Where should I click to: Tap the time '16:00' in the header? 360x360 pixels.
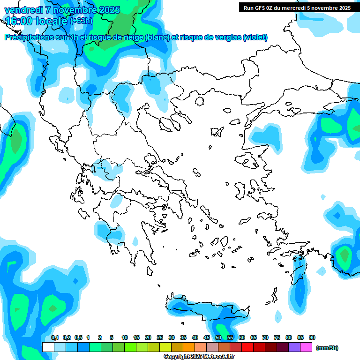[19, 21]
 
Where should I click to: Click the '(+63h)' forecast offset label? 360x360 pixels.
[81, 21]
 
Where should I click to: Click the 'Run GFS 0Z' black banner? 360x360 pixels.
[297, 8]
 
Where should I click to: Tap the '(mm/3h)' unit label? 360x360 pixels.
[327, 348]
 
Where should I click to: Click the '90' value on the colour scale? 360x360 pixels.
[312, 337]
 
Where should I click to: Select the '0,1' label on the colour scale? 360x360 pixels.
[54, 337]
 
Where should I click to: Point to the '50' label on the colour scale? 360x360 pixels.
[218, 337]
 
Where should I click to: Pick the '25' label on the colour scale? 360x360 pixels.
[160, 337]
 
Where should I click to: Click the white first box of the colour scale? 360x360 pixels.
[48, 347]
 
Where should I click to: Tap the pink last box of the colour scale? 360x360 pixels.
[306, 347]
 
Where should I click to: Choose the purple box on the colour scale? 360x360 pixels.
[294, 347]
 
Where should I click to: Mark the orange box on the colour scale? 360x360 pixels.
[189, 347]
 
